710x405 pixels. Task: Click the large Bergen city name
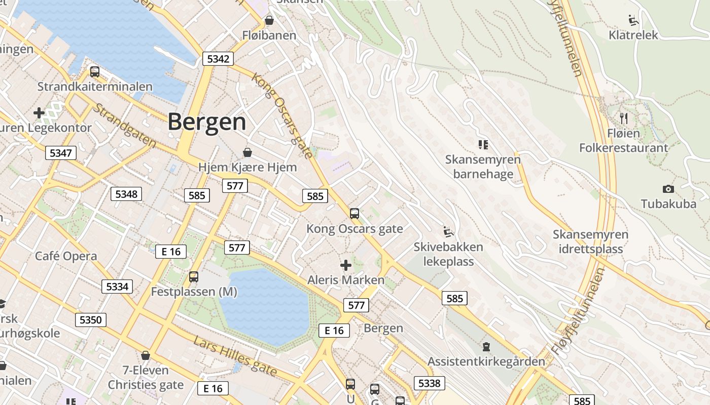tap(207, 122)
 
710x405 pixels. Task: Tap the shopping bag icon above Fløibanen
tap(269, 21)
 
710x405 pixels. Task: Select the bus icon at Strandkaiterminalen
tap(95, 72)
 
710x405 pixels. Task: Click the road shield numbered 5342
tap(218, 59)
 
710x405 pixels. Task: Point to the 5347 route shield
tap(61, 153)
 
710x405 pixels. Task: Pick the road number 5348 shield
tap(126, 194)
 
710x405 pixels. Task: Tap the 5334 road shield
tap(117, 287)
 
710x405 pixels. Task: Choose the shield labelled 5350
tap(91, 320)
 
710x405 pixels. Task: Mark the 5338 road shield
tap(429, 383)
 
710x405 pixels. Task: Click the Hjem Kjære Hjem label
tap(247, 167)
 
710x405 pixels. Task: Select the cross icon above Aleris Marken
tap(346, 265)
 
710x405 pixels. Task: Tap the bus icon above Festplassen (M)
tap(194, 277)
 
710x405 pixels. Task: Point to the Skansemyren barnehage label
tap(483, 167)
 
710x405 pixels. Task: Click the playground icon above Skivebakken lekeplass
tap(448, 232)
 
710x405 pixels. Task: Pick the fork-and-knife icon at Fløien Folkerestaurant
tap(624, 118)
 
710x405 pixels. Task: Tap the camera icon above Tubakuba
tap(668, 189)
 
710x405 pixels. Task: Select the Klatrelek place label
tap(633, 35)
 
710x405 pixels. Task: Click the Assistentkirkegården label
tap(486, 361)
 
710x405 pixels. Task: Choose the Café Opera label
tap(66, 256)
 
